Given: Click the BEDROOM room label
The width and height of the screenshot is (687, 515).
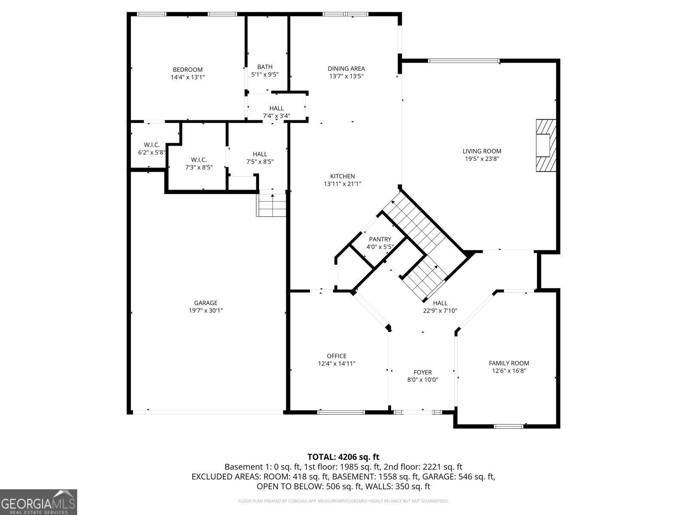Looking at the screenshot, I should point(188,70).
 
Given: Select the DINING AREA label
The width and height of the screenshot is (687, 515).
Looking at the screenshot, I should point(346,69).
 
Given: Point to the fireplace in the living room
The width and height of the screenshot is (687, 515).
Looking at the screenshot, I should point(545,145).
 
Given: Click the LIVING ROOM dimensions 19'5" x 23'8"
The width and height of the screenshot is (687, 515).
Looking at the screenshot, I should point(482,159).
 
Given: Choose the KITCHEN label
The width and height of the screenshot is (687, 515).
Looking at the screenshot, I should point(342,176).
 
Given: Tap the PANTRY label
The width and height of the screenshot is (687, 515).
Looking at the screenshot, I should point(380,239).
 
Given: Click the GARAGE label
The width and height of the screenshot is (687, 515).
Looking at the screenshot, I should point(206,303).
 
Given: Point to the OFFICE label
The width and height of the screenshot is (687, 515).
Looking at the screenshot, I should point(337,356).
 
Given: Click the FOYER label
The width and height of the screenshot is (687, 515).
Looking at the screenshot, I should point(423,373).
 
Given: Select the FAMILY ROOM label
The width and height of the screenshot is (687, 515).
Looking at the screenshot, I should point(509,363).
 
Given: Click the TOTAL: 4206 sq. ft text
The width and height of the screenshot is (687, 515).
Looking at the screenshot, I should point(343,457).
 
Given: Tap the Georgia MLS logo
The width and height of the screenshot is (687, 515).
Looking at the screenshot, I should point(39,502).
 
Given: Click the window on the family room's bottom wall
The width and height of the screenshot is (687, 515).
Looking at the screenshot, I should point(508,426).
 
